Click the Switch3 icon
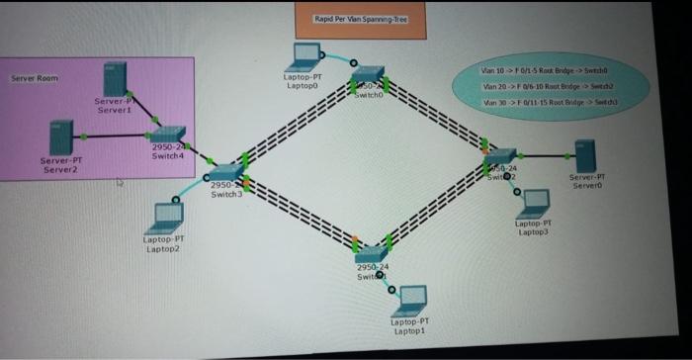click(x=224, y=172)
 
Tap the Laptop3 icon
click(x=535, y=202)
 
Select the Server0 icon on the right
click(x=585, y=153)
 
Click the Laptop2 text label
click(x=162, y=243)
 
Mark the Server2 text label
click(x=61, y=165)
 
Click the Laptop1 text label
click(x=409, y=325)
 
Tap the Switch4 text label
click(x=168, y=151)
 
